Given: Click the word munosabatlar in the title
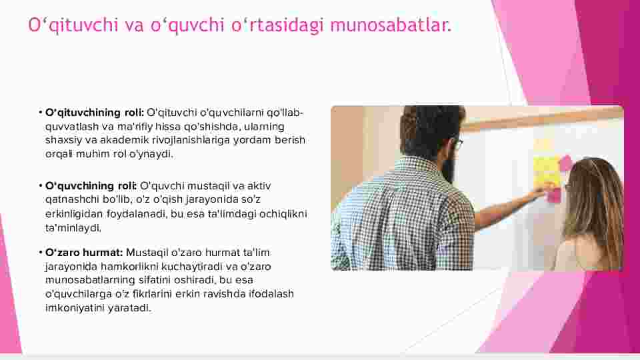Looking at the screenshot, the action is point(391,25).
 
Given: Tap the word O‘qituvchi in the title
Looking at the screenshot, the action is point(73,25).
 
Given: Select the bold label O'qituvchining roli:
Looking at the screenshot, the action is point(95,113).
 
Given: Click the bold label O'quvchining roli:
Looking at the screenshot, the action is point(91,186).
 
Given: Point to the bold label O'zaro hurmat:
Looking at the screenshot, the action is point(84,253).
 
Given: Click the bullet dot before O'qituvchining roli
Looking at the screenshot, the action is point(41,112).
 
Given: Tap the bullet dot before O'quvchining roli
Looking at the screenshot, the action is point(41,186).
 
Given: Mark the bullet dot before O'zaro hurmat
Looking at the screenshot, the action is point(41,252).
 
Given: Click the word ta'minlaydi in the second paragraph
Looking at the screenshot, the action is point(73,228).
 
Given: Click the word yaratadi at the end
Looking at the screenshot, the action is point(129,308).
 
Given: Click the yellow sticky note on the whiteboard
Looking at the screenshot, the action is point(546,170).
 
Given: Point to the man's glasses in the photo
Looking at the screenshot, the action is point(458,144).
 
